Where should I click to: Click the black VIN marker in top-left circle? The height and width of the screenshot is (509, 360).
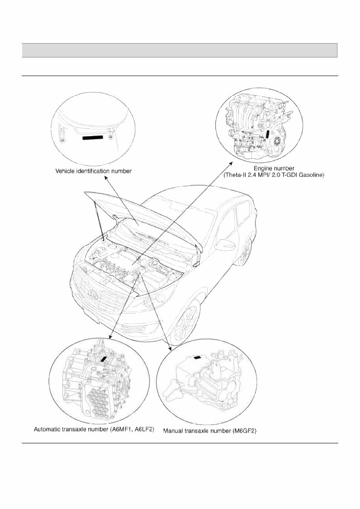pos(93,138)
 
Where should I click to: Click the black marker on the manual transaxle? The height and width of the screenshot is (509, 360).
pos(197,357)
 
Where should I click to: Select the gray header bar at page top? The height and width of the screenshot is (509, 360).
pos(179,50)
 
